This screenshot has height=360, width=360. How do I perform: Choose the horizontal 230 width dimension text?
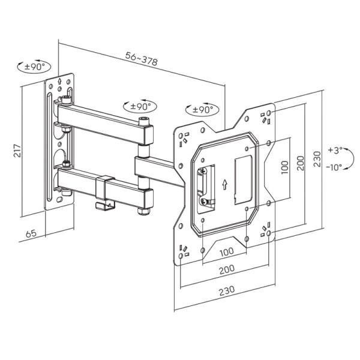tap(226, 290)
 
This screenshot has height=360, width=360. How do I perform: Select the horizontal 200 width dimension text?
tap(227, 270)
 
